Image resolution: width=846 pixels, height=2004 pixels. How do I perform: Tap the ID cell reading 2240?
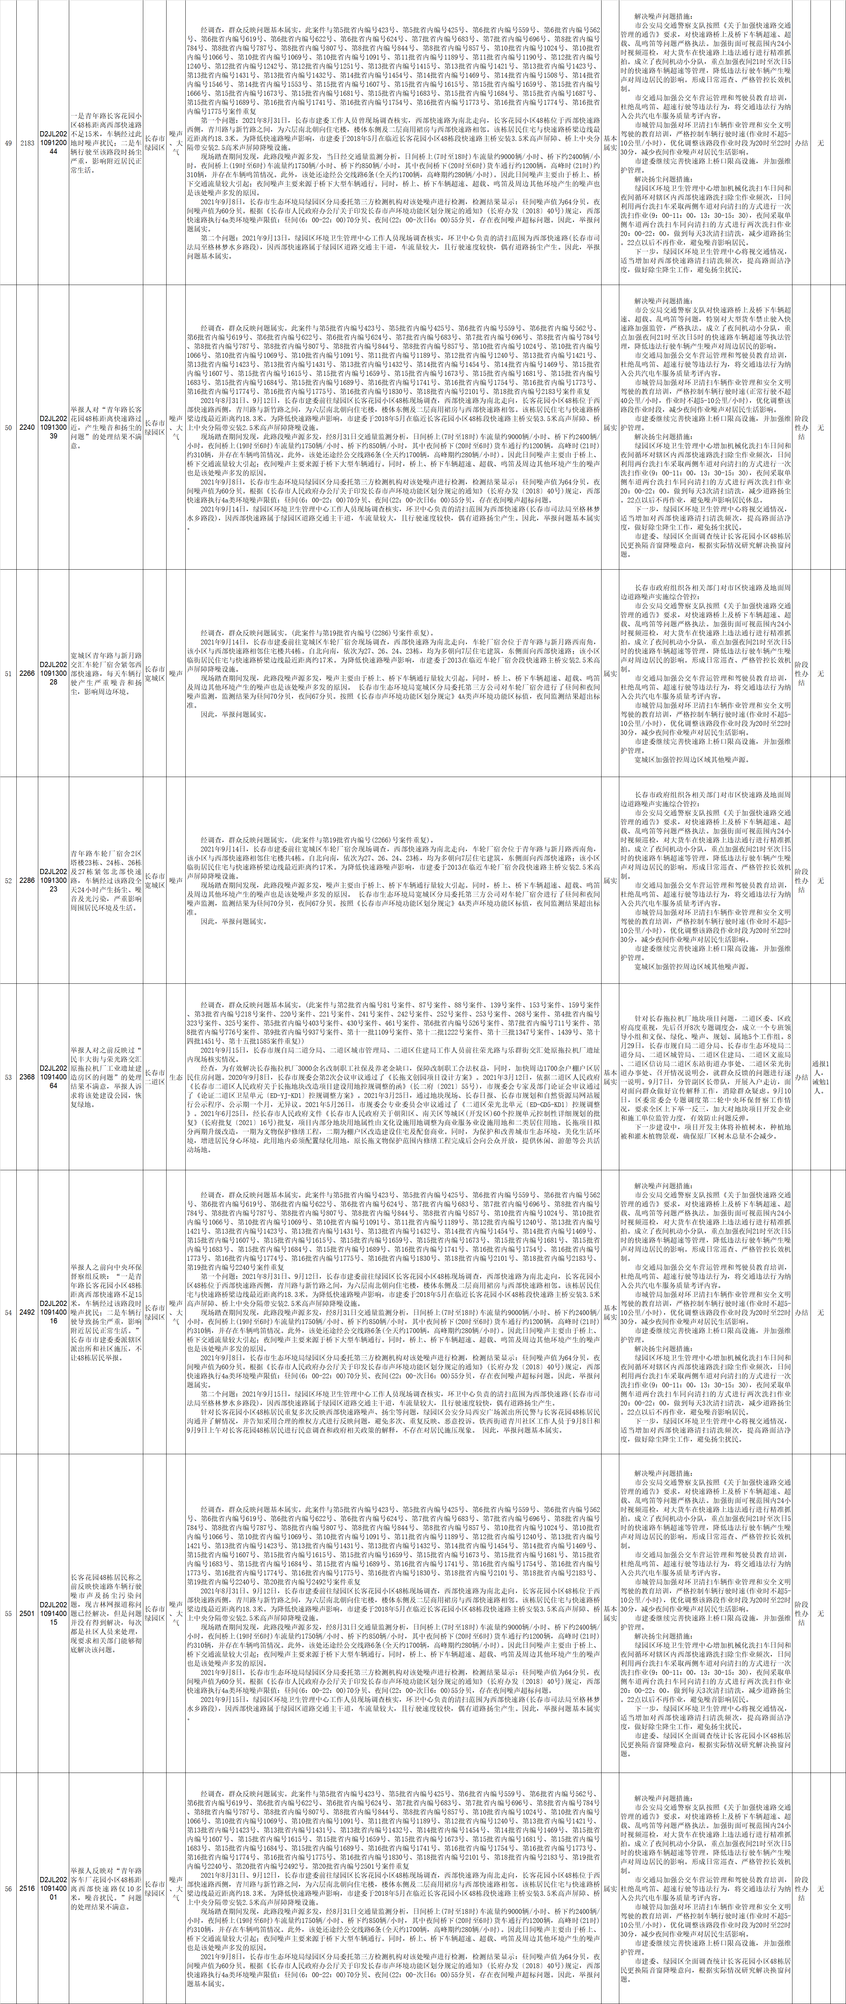click(x=27, y=428)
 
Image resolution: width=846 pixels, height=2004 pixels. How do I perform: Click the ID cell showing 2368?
click(x=27, y=1077)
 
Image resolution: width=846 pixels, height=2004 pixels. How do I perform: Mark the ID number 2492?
click(x=27, y=1313)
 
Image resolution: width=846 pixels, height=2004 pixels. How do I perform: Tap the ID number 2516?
click(x=27, y=1888)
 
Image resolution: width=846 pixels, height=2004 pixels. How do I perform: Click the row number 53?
click(x=9, y=1077)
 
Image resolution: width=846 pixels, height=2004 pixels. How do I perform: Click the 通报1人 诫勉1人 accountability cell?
click(x=820, y=1077)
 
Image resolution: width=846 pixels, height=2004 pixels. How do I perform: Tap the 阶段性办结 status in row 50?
click(x=801, y=428)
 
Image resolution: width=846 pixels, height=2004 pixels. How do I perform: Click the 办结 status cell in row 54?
click(x=801, y=1313)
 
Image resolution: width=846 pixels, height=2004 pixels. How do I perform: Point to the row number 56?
click(x=9, y=1888)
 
